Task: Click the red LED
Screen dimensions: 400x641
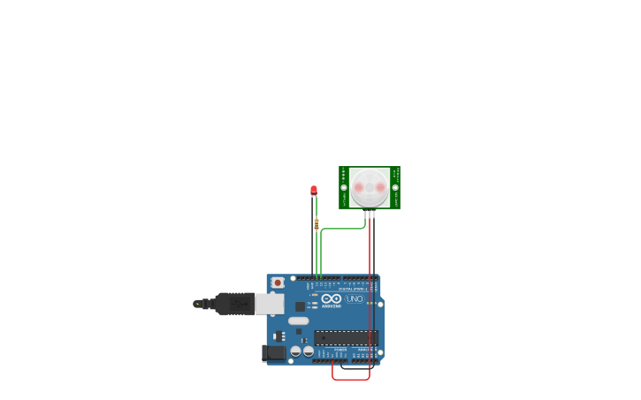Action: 314,189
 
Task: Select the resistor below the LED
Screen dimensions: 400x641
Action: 317,224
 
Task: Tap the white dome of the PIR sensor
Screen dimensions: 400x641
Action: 369,187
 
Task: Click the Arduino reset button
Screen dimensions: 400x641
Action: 278,283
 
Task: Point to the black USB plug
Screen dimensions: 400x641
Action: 233,304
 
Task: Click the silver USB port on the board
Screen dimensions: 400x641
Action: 270,304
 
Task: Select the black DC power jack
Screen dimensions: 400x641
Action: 274,352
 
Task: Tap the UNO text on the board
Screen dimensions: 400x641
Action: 354,299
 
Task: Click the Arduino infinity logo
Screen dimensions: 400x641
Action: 331,298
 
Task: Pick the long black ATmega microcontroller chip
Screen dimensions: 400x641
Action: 346,337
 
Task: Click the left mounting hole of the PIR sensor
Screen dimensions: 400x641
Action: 344,187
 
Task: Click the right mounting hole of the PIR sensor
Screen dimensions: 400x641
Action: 395,187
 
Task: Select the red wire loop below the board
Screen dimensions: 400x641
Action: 351,379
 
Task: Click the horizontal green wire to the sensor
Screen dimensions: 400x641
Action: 343,229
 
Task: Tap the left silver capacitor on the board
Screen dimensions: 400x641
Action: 296,351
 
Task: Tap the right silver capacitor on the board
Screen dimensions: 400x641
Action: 308,351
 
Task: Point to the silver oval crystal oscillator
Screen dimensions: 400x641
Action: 298,321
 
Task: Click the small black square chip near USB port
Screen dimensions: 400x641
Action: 300,306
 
